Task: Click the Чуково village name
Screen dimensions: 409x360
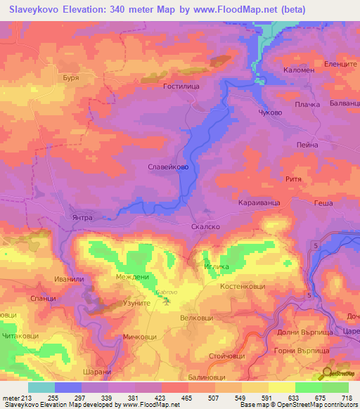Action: click(270, 112)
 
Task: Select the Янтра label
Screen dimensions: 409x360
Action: click(82, 217)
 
